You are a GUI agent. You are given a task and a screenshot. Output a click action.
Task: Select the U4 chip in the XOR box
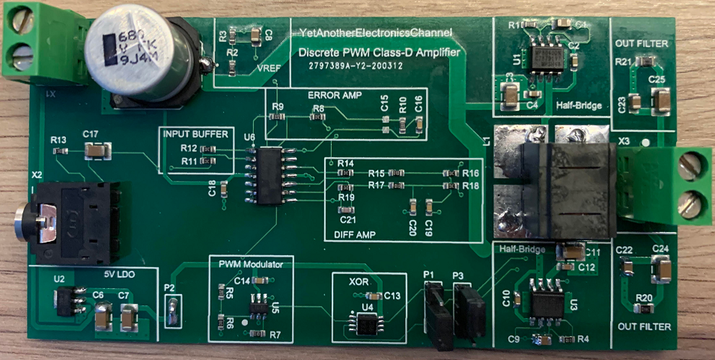(x=366, y=323)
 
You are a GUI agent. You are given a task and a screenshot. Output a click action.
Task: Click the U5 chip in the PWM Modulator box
(x=258, y=306)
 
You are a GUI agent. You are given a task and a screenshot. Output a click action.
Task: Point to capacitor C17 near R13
(x=95, y=151)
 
